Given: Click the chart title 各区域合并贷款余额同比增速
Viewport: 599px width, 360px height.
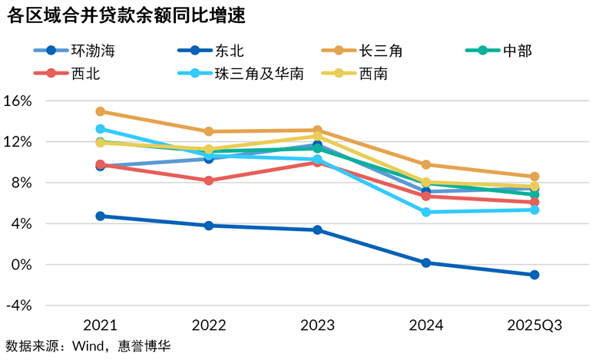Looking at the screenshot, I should tap(127, 16).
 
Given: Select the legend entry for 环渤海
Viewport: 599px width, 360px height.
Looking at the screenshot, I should tap(78, 51).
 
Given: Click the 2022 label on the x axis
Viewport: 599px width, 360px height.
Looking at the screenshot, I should tap(209, 325).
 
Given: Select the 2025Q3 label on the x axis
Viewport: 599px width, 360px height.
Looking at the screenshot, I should tap(534, 325).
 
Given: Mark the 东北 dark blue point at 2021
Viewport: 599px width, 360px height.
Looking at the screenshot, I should tap(101, 216).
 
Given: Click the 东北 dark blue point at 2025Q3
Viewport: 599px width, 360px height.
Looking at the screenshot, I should tap(534, 275).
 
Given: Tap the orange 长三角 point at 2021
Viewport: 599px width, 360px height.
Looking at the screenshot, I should tap(101, 111).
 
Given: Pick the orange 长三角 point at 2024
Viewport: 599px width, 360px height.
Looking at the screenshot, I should tap(426, 164).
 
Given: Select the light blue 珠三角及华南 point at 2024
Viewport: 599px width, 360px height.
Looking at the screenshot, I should tap(426, 212).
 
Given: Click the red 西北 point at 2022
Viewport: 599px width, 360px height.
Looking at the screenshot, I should tap(209, 180).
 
